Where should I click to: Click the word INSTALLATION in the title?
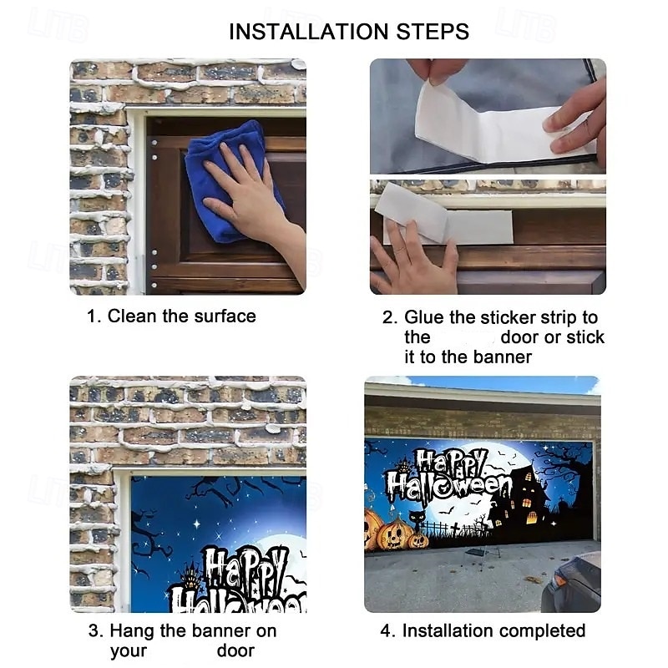coord(309,32)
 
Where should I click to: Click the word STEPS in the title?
coord(433,32)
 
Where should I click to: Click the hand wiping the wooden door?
coord(251,200)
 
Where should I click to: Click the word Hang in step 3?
coord(132,631)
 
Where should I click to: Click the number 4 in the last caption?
coord(387,631)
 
